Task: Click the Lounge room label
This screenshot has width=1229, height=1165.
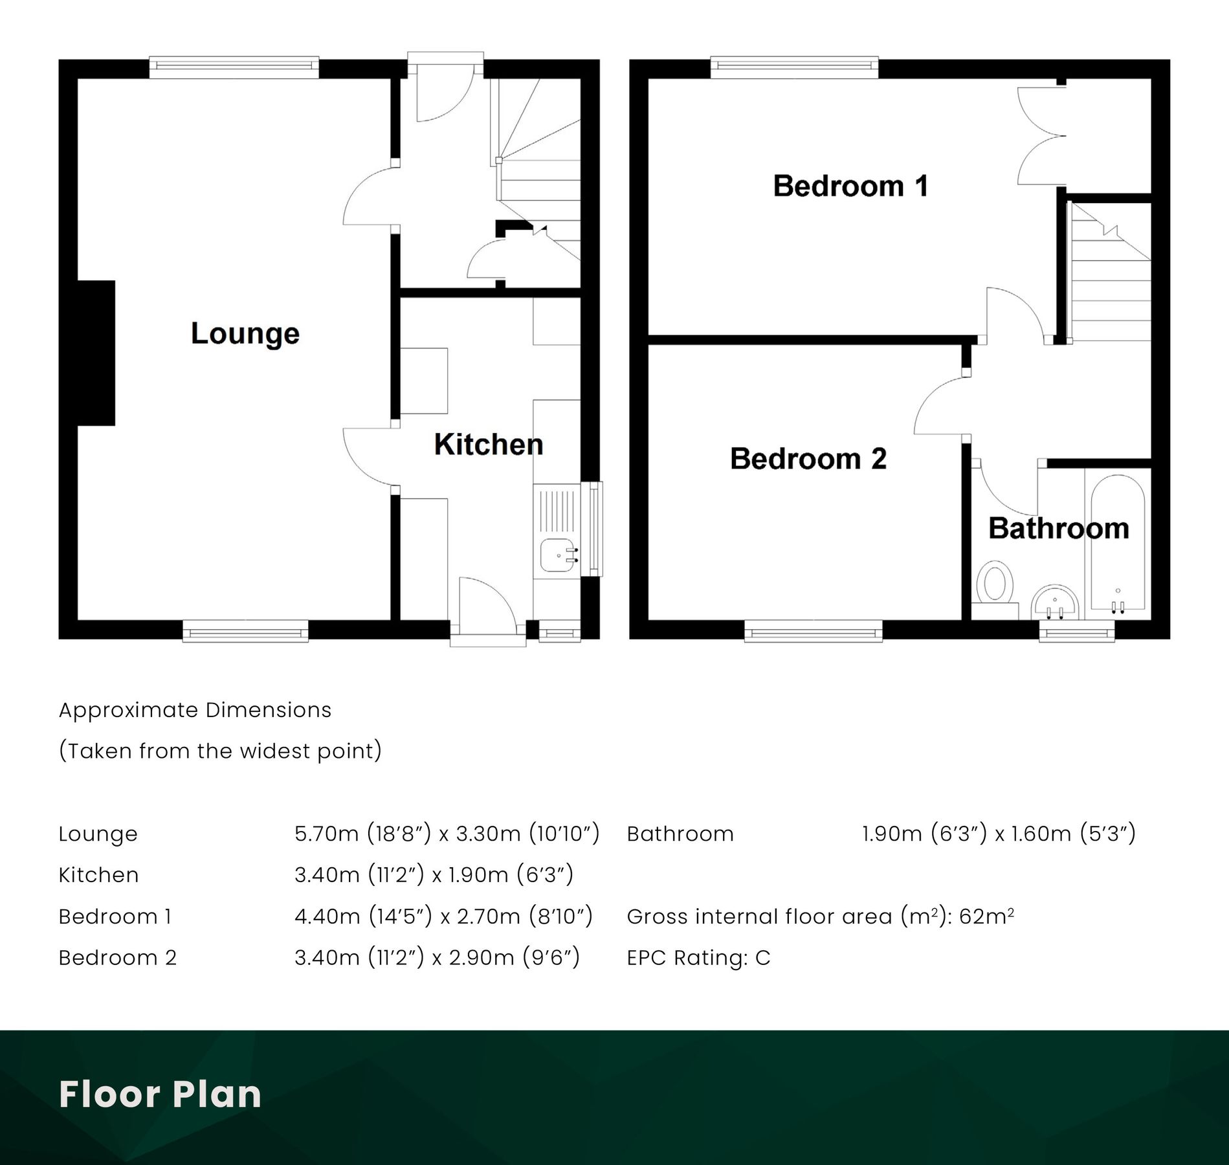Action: [245, 334]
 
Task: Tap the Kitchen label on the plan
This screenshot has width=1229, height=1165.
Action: [488, 445]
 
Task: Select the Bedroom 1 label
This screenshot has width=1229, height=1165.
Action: [850, 186]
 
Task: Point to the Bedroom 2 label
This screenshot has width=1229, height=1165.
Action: [808, 459]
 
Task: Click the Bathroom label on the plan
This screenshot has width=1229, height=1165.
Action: [1058, 529]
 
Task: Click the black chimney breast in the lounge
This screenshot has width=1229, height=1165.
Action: [97, 353]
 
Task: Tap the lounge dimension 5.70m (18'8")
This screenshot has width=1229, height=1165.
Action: [362, 834]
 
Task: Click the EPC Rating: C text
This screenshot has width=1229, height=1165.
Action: [698, 957]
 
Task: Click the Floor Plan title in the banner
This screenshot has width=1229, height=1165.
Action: [160, 1094]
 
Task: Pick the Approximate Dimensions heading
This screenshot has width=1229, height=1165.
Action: [195, 710]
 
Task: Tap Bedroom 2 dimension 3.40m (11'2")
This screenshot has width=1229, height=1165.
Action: [359, 957]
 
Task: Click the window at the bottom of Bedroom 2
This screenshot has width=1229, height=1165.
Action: [813, 632]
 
